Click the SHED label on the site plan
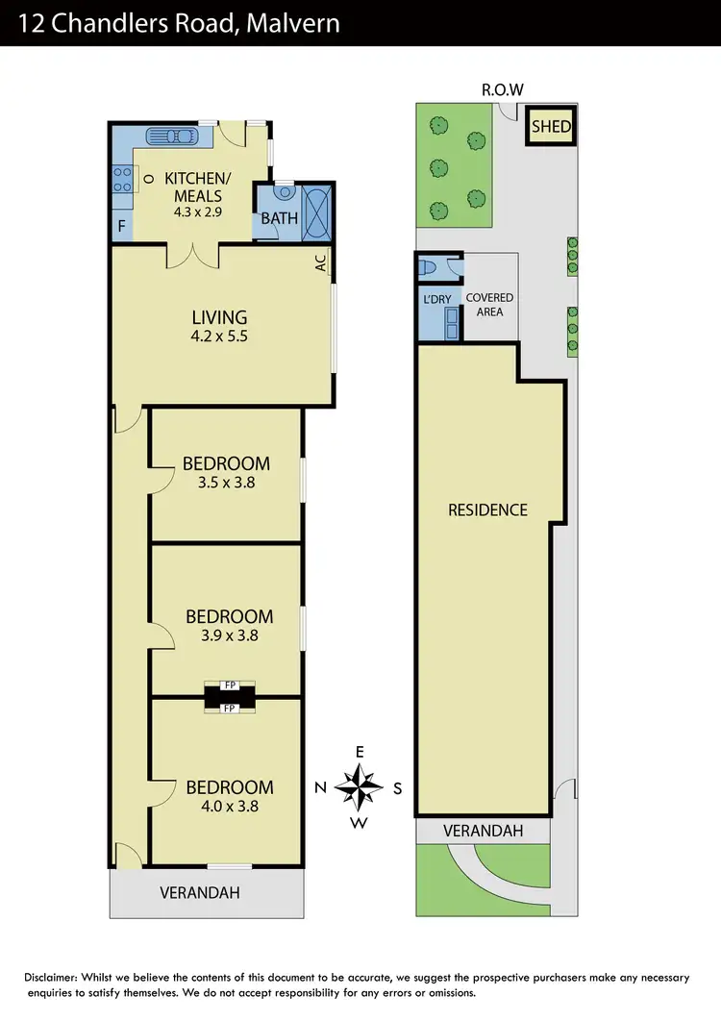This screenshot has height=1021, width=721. pyautogui.click(x=551, y=127)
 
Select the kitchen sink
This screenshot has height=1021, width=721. pyautogui.click(x=171, y=136)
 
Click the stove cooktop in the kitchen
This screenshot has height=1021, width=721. pyautogui.click(x=123, y=179)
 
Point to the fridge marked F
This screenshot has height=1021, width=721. pyautogui.click(x=120, y=227)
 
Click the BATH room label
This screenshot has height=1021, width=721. pyautogui.click(x=280, y=218)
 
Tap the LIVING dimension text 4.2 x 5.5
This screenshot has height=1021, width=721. pyautogui.click(x=219, y=336)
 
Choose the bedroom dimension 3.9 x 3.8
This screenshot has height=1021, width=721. pyautogui.click(x=229, y=635)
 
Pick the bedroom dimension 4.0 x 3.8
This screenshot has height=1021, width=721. pyautogui.click(x=229, y=808)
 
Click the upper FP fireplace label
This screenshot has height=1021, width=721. pyautogui.click(x=230, y=685)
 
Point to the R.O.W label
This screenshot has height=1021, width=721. pyautogui.click(x=502, y=90)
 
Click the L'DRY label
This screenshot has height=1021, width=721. pyautogui.click(x=437, y=299)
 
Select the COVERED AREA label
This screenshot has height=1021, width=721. pyautogui.click(x=490, y=305)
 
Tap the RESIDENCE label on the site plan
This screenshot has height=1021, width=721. pyautogui.click(x=487, y=510)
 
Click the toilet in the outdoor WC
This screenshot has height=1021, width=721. pyautogui.click(x=430, y=266)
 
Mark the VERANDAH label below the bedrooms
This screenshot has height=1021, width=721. pyautogui.click(x=199, y=892)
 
